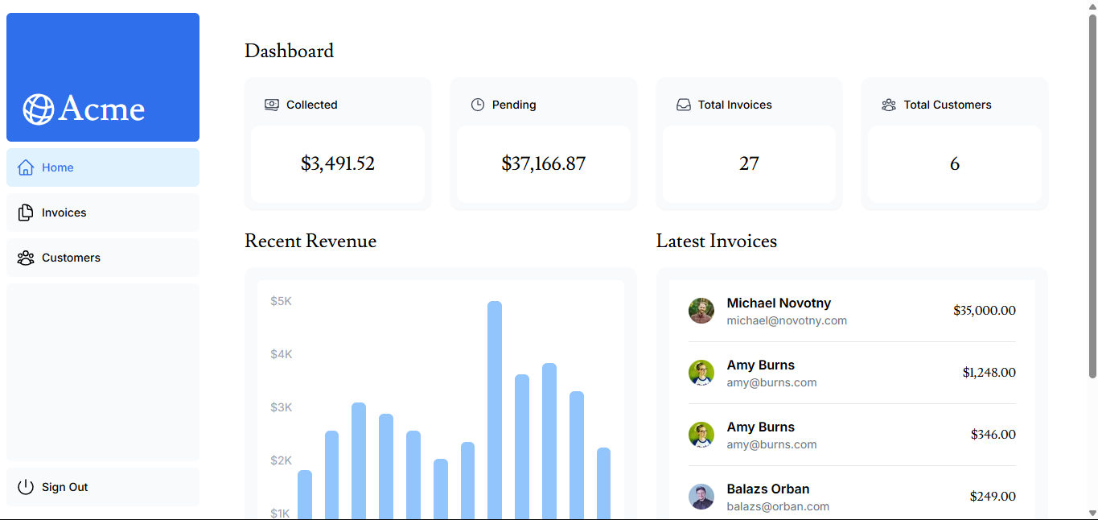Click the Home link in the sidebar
point(58,167)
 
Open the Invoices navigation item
point(64,213)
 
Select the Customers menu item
point(71,258)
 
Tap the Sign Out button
point(64,487)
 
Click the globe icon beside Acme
point(38,109)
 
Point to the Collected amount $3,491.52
point(338,164)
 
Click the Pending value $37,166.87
point(543,164)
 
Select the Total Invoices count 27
point(749,164)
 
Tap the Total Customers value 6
point(954,164)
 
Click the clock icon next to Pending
point(478,105)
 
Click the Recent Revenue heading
point(310,241)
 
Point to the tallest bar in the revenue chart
point(495,402)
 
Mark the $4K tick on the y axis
point(282,354)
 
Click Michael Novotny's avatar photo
point(701,311)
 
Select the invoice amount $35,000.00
point(984,311)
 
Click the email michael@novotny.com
point(787,320)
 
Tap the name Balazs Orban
point(768,489)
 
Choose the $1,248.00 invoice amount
point(989,373)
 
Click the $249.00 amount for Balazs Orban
point(993,497)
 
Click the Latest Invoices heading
point(717,241)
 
